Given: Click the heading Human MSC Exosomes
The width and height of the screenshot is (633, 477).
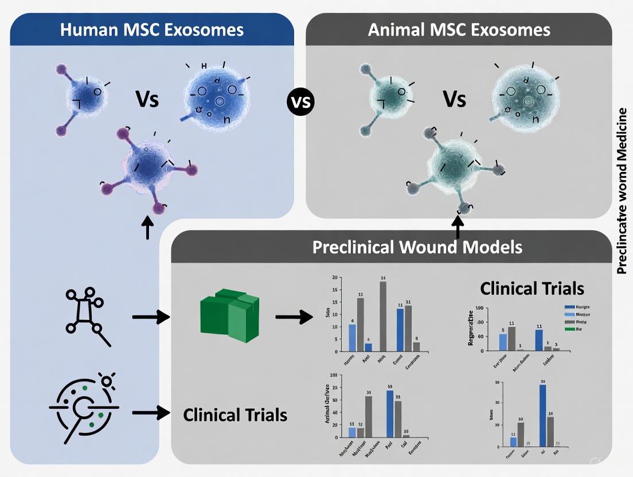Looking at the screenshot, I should click(x=151, y=30).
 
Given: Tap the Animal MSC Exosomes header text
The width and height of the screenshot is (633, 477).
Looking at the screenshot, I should click(x=460, y=30).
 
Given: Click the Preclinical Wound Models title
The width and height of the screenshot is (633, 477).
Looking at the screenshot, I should click(x=417, y=247).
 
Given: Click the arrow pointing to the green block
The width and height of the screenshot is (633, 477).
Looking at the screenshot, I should click(x=151, y=316).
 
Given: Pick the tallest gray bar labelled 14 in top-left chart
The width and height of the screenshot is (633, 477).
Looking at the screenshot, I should click(x=383, y=316).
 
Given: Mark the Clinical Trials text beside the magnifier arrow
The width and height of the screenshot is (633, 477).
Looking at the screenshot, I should click(x=235, y=414).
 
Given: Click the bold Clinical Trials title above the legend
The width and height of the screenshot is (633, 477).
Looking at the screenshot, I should click(x=532, y=288).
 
